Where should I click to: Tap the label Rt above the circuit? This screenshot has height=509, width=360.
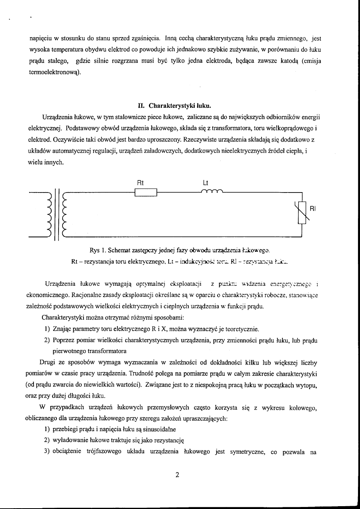[x=141, y=182]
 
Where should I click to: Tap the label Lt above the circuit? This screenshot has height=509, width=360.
[x=204, y=182]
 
